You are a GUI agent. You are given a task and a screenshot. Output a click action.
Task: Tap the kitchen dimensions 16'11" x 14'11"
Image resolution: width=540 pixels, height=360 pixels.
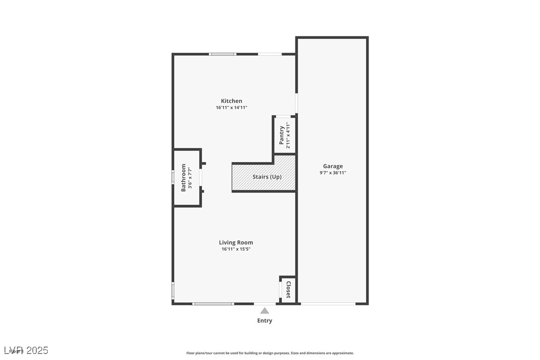click(x=232, y=107)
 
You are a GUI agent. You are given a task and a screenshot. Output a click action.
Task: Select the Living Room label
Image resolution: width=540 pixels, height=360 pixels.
click(x=236, y=243)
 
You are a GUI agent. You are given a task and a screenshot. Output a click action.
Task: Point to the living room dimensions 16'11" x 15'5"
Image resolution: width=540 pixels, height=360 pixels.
click(x=236, y=249)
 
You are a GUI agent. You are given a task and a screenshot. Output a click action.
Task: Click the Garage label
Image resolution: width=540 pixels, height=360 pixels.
click(x=333, y=166)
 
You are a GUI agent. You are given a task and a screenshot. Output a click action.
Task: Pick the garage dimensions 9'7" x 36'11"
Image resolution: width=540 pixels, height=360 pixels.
click(x=333, y=173)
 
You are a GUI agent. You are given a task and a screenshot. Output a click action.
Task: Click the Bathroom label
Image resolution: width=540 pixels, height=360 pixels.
click(x=183, y=178)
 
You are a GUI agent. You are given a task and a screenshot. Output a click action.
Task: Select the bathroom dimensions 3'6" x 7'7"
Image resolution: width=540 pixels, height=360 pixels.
click(x=189, y=178)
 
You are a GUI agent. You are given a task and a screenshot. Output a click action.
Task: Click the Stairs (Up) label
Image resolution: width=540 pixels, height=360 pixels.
click(x=267, y=177)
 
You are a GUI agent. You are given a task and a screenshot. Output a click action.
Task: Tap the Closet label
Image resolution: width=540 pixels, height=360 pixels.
click(x=288, y=290)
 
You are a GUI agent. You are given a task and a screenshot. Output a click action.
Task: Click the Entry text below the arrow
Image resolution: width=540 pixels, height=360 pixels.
click(x=265, y=321)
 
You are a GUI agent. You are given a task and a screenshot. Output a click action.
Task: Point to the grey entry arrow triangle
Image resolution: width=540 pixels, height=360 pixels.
click(x=265, y=311)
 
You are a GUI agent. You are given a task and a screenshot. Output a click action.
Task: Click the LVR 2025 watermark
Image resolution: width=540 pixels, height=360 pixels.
click(x=25, y=351)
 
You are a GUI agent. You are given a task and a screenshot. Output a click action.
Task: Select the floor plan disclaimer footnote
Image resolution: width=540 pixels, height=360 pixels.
click(x=270, y=353)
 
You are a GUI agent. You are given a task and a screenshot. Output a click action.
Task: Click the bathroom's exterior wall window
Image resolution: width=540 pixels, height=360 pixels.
click(x=173, y=177)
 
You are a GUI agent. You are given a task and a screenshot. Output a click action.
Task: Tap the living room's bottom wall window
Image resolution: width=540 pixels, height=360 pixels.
click(x=213, y=303)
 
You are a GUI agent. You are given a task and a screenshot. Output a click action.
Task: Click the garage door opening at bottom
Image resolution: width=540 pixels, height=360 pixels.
click(x=328, y=303)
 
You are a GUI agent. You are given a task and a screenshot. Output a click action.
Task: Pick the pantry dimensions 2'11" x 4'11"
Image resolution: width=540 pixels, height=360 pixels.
click(x=288, y=135)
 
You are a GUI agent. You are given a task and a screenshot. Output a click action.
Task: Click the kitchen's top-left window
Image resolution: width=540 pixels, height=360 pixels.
click(x=222, y=54)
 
